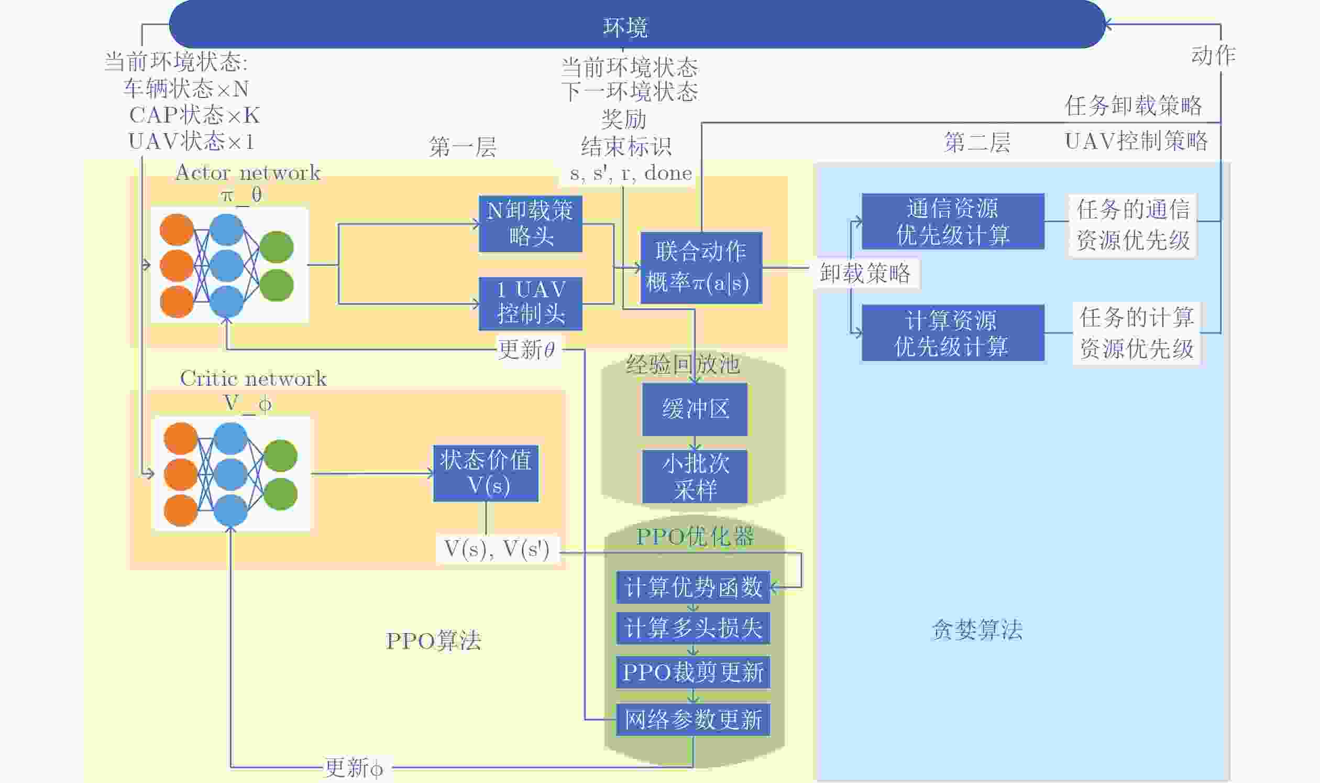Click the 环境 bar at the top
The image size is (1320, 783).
click(x=636, y=25)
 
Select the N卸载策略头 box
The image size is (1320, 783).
click(x=531, y=224)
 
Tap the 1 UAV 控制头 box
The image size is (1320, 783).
click(x=531, y=303)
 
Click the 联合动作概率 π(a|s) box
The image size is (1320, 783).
click(x=701, y=267)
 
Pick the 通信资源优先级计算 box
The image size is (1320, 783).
click(x=952, y=222)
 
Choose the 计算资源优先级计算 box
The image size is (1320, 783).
click(x=952, y=333)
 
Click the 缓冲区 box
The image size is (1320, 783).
click(x=695, y=409)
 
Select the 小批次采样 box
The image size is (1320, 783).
click(x=695, y=476)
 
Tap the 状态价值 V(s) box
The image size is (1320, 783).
click(x=486, y=473)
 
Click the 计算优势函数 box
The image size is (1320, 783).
click(x=693, y=587)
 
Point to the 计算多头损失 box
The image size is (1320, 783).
click(x=693, y=628)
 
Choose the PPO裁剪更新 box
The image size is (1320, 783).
click(x=693, y=672)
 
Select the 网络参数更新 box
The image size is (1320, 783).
click(x=693, y=719)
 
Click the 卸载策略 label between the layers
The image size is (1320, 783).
click(x=865, y=273)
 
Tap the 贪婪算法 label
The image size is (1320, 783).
click(x=977, y=629)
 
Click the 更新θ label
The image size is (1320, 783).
click(x=527, y=349)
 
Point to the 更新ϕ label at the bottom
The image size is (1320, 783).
click(x=354, y=767)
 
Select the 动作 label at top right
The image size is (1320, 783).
click(x=1213, y=56)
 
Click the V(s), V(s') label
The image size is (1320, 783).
click(x=497, y=549)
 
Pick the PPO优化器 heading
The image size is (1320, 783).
click(x=695, y=537)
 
